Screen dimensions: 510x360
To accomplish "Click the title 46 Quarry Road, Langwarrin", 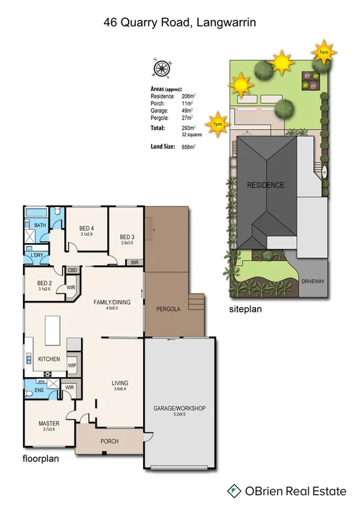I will coord(180,23).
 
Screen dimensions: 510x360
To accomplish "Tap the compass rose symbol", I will coord(162,69).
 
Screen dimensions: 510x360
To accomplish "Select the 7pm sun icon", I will coord(217,123).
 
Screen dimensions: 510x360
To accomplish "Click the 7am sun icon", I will coord(323,52).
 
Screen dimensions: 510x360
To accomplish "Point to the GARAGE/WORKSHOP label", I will coord(180,408).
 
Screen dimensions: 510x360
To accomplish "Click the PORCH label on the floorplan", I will coord(109,441).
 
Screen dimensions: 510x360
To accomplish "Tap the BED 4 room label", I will coord(87,228).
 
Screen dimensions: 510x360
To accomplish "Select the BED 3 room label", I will coord(127,236).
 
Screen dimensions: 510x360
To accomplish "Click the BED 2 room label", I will coord(45,283).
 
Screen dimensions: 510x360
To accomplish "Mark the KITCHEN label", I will coord(49,358).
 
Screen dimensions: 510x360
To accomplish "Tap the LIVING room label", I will coord(120,383).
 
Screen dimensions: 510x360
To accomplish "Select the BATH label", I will coord(40,226).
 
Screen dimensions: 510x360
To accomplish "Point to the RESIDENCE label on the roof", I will coord(265,185).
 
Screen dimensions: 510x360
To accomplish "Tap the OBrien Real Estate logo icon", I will coord(233,491).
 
